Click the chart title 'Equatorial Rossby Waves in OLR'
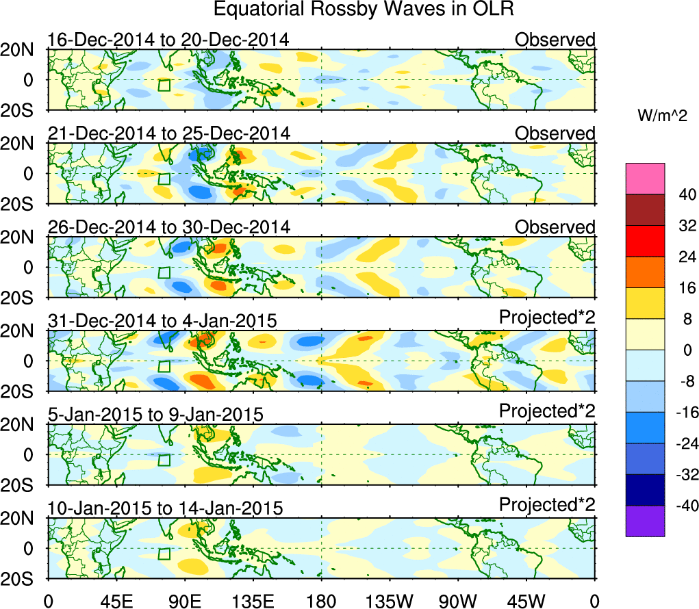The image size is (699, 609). (x=363, y=10)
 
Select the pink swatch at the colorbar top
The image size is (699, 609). (x=644, y=179)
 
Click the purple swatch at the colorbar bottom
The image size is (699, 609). (x=644, y=521)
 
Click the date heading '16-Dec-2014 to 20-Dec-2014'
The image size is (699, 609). (x=168, y=40)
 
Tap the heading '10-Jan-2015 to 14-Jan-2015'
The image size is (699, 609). (x=165, y=508)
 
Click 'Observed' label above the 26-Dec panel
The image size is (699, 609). (x=555, y=227)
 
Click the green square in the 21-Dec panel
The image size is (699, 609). (x=164, y=179)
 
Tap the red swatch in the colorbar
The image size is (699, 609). (x=644, y=241)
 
